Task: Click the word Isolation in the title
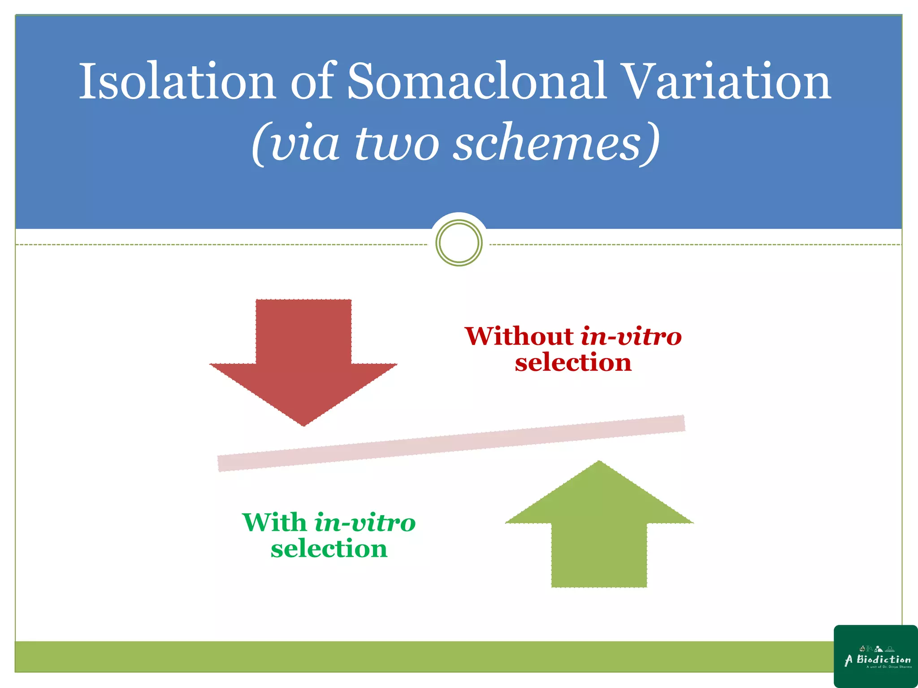[177, 82]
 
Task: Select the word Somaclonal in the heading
[477, 82]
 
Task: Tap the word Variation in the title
[727, 82]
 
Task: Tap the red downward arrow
[303, 354]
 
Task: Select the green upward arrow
[599, 533]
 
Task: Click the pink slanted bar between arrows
[451, 443]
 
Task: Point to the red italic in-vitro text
[631, 336]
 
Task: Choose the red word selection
[573, 362]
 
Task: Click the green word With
[274, 523]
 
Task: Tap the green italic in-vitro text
[365, 523]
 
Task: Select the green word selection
[329, 549]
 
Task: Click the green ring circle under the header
[459, 243]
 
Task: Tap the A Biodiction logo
[876, 657]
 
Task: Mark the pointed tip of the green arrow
[599, 462]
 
